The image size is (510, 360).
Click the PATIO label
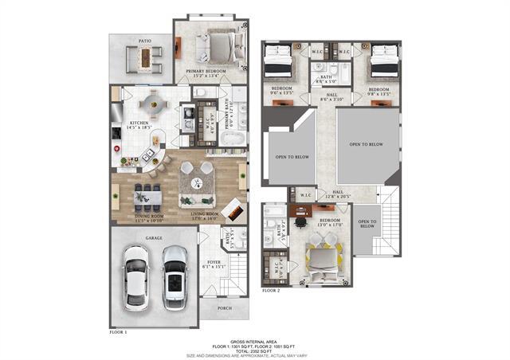point(144,39)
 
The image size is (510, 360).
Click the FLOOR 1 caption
point(118,330)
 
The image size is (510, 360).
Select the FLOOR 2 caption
point(272,291)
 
